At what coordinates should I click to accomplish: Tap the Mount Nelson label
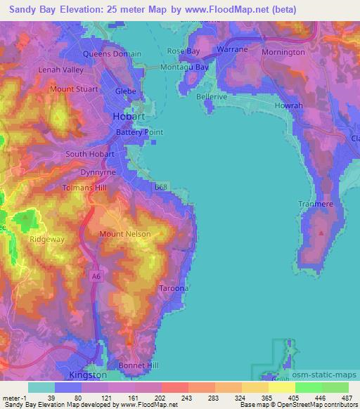tap(122, 233)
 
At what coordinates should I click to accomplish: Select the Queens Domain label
tap(112, 54)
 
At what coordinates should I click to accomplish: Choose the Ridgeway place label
tap(47, 239)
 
